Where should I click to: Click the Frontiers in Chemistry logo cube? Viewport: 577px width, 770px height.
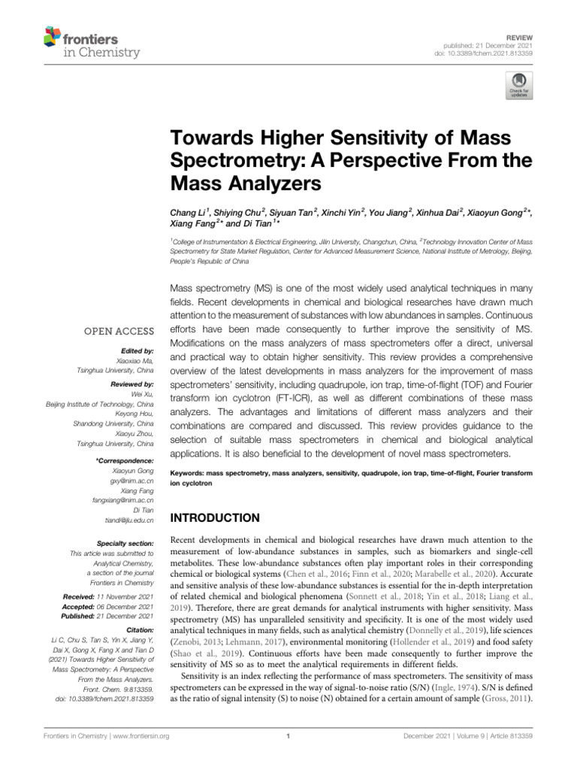click(x=53, y=36)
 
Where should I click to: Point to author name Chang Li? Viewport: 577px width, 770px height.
click(x=189, y=213)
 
